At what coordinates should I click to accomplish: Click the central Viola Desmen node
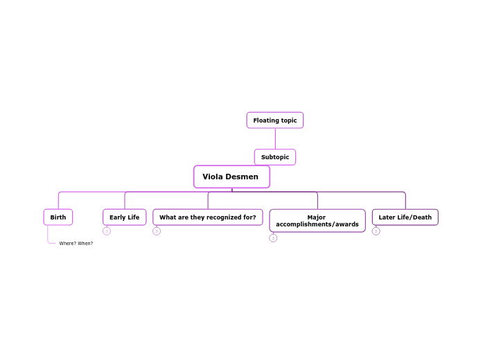point(231,177)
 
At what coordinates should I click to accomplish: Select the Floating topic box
point(274,120)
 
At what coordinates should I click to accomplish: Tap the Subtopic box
point(274,157)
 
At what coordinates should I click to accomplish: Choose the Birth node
point(58,217)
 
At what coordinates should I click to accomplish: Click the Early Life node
point(124,217)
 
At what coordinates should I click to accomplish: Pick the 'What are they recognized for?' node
point(207,217)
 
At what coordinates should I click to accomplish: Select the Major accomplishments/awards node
point(317,221)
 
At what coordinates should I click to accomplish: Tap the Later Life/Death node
point(405,217)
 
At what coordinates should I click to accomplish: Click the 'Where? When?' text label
point(76,244)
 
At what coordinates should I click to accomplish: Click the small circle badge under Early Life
point(107,231)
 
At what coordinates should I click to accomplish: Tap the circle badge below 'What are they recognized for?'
point(157,231)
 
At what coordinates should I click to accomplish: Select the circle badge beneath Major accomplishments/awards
point(273,238)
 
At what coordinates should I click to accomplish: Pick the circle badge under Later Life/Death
point(376,231)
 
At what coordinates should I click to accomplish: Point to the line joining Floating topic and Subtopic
point(275,138)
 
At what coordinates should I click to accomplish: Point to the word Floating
point(265,120)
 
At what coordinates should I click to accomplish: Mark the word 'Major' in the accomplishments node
point(316,217)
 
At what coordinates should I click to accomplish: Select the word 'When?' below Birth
point(85,244)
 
